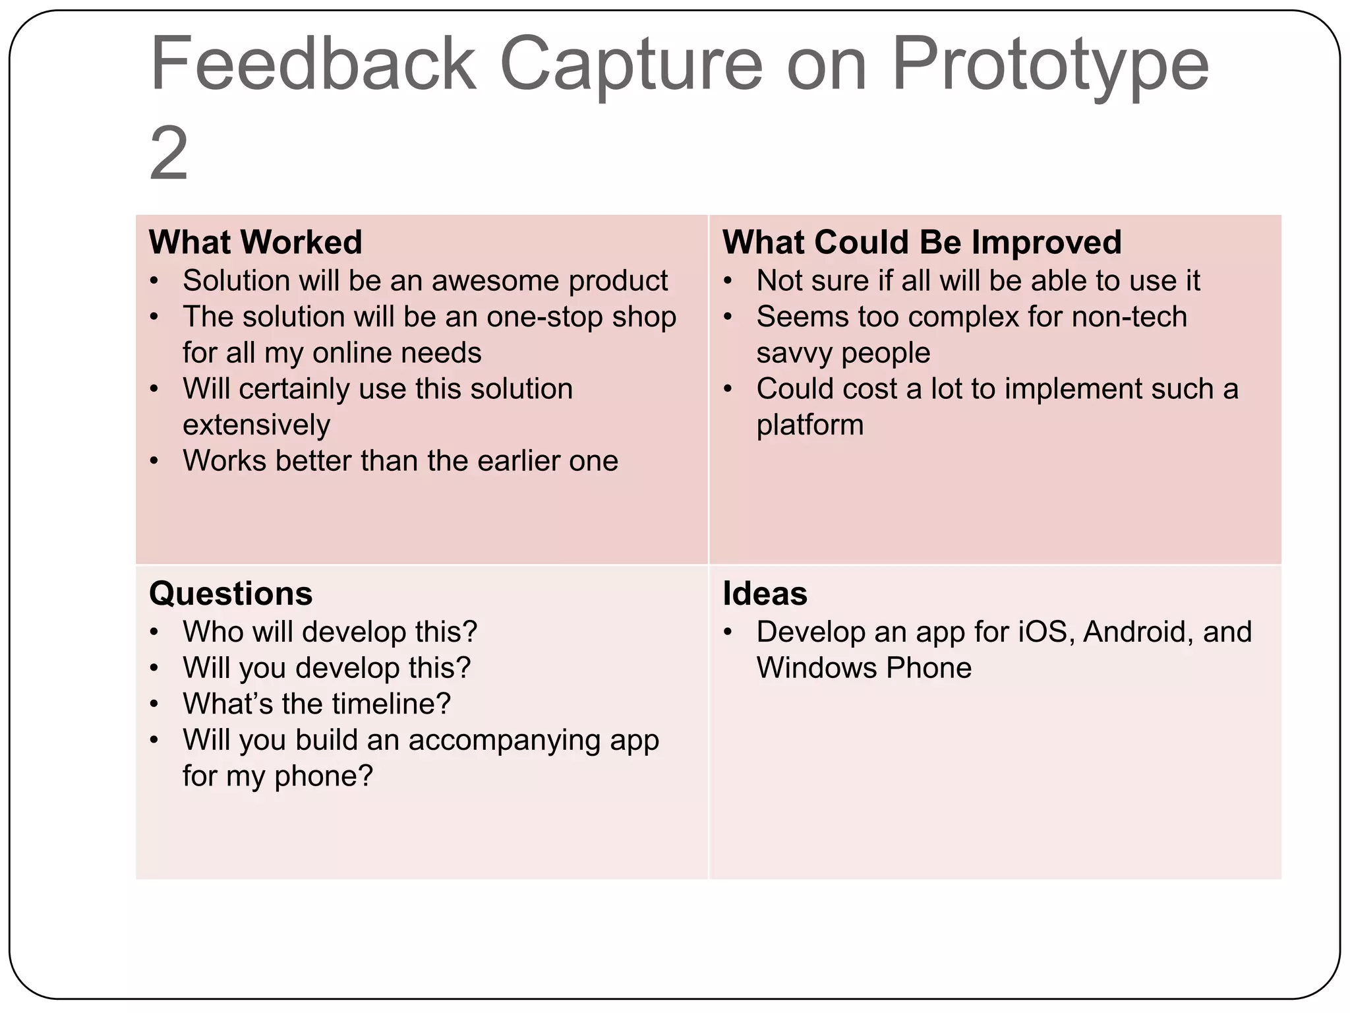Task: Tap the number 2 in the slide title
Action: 169,155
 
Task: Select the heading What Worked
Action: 256,242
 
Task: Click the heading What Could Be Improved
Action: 922,242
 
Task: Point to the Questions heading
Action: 231,594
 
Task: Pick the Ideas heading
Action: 765,594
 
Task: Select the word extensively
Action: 256,425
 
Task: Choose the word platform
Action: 810,425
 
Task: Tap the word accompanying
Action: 504,741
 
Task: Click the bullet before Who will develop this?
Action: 154,632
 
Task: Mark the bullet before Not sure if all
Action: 728,281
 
